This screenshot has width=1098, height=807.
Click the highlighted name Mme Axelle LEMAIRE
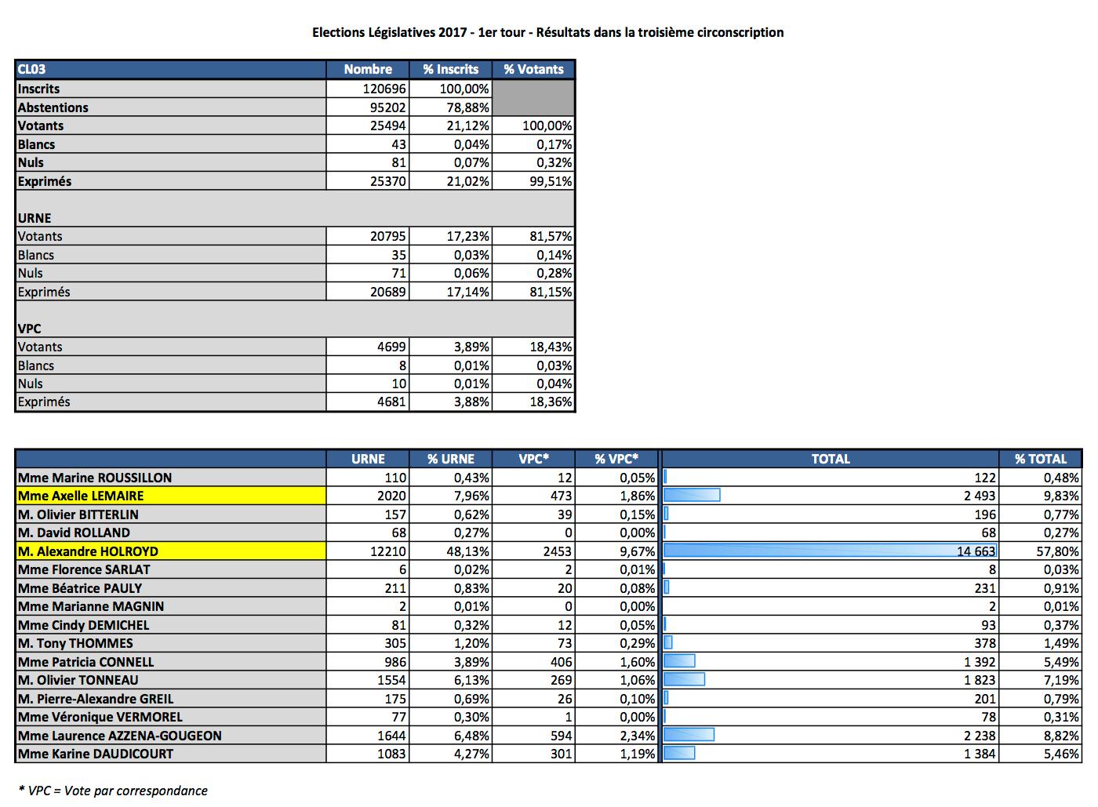[81, 496]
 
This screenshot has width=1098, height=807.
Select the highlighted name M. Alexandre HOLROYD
[88, 551]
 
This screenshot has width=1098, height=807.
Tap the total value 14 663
[976, 551]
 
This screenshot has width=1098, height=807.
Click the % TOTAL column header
[1041, 459]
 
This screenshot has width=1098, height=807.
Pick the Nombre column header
[368, 69]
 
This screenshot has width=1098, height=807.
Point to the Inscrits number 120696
[384, 89]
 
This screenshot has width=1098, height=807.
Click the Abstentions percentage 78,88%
[467, 107]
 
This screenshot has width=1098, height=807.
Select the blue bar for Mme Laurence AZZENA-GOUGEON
[689, 735]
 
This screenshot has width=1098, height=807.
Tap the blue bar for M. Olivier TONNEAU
[684, 680]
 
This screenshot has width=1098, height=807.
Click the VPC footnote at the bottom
[113, 791]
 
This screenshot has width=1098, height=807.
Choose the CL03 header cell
[32, 69]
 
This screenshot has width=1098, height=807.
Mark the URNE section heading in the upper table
[35, 218]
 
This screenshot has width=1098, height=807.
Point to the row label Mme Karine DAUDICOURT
[96, 754]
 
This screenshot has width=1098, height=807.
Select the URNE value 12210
[388, 551]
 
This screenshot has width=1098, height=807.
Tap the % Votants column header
[533, 69]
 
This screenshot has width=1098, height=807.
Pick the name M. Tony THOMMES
[75, 643]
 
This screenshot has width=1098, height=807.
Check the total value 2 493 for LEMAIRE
[980, 496]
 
